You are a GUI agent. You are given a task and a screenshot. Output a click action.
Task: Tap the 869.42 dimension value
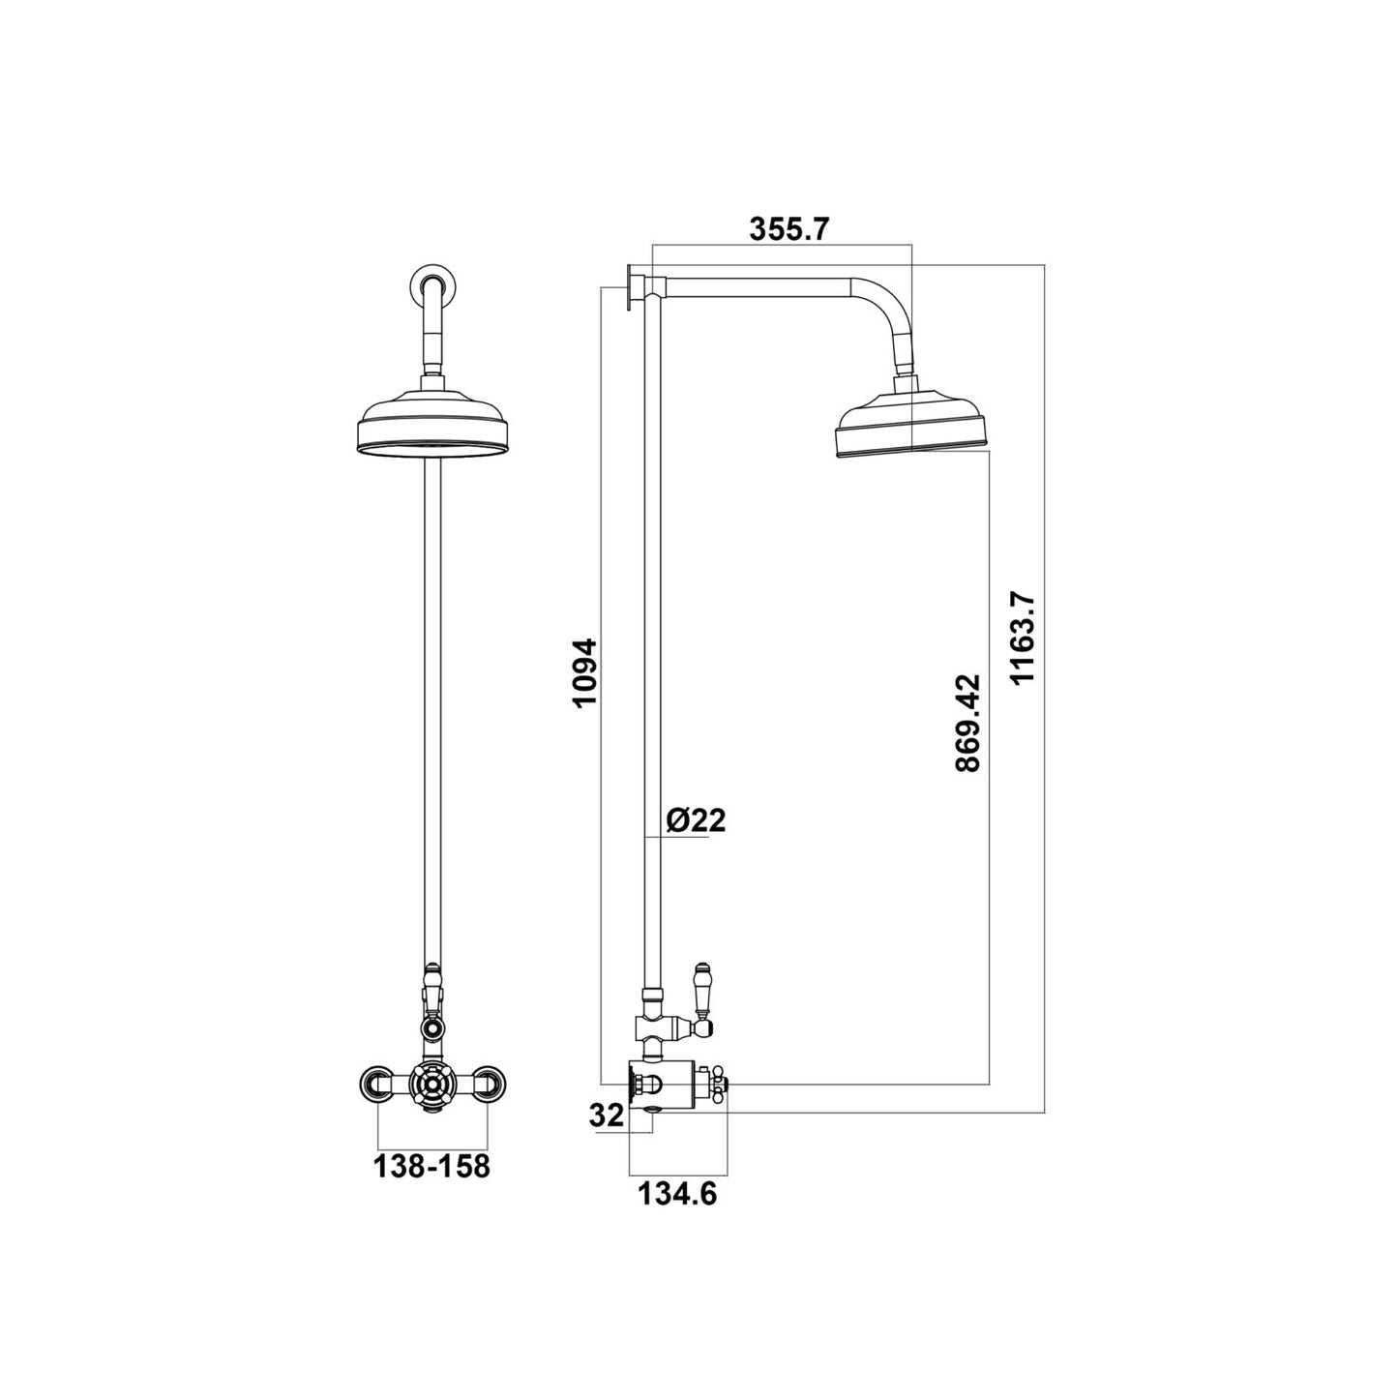point(967,723)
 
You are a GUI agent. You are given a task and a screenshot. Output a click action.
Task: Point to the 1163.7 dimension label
point(1023,639)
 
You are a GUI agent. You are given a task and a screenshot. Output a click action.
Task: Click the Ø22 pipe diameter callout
point(696,820)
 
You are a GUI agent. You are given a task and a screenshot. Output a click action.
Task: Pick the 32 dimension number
point(607,1115)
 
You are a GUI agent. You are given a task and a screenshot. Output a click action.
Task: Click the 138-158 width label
point(431,1166)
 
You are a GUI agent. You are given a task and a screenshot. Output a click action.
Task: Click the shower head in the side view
point(911,426)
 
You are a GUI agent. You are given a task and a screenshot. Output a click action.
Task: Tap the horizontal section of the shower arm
point(764,287)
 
